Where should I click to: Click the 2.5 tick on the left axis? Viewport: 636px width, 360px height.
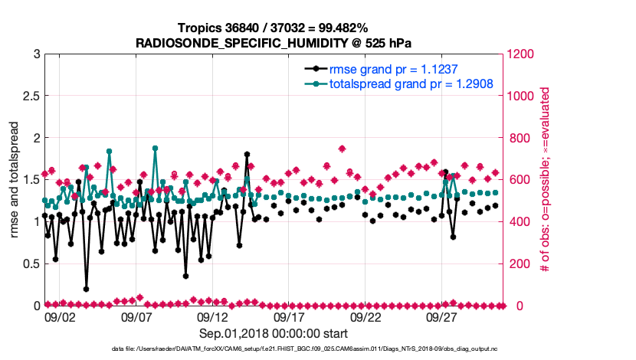click(x=31, y=96)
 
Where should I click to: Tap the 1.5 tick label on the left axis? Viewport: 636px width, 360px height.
click(x=31, y=180)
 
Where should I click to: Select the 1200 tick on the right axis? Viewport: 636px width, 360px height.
click(x=521, y=54)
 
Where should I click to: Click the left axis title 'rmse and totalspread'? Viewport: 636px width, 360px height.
click(x=14, y=180)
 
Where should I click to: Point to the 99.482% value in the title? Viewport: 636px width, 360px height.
click(x=342, y=28)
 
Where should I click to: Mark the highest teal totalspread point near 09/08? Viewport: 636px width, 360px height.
click(x=155, y=149)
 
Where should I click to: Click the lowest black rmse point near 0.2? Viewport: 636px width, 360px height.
click(x=86, y=289)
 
